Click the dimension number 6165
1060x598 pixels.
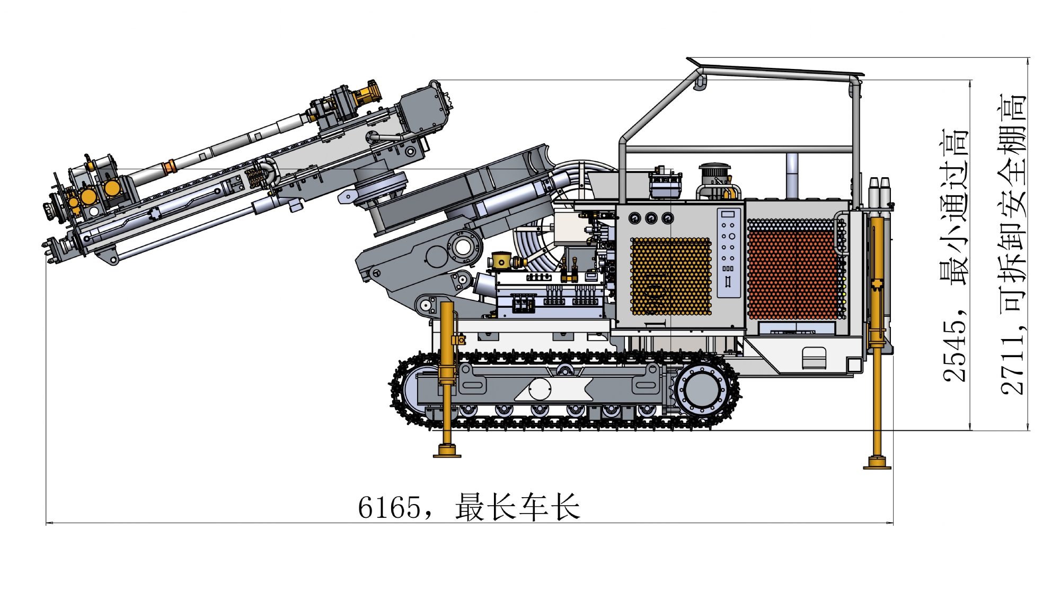[390, 507]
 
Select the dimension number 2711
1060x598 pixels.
[1013, 364]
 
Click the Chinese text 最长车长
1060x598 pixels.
[518, 507]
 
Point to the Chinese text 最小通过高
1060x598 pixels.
[954, 207]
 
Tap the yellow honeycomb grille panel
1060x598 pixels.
[671, 276]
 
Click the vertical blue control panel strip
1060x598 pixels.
[729, 253]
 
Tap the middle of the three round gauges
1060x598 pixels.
[651, 218]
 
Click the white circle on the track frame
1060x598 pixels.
[540, 389]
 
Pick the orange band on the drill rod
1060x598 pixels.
[169, 167]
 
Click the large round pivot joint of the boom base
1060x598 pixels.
[463, 247]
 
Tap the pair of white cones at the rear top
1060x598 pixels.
[879, 192]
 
